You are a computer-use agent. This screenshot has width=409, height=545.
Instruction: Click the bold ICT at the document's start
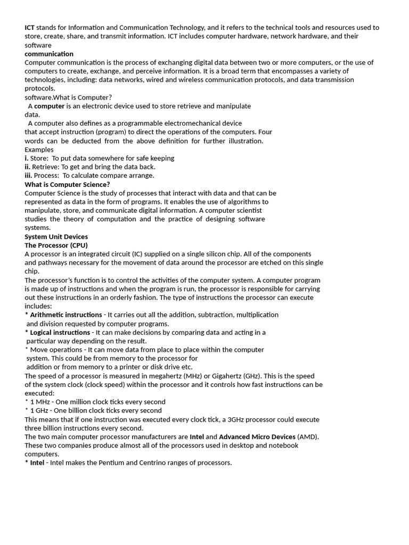pos(30,28)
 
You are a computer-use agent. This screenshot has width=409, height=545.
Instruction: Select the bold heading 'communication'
pos(49,54)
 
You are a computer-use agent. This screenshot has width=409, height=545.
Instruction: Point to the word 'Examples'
pos(39,150)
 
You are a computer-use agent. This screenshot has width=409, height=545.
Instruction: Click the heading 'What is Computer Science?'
pos(67,185)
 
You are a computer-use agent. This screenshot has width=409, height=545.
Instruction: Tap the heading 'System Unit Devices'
pos(56,237)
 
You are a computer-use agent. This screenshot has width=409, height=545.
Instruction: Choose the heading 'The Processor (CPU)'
pos(56,245)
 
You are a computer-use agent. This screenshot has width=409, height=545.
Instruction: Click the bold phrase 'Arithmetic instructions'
pos(66,315)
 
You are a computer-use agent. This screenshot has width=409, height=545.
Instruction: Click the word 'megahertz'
pos(150,376)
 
